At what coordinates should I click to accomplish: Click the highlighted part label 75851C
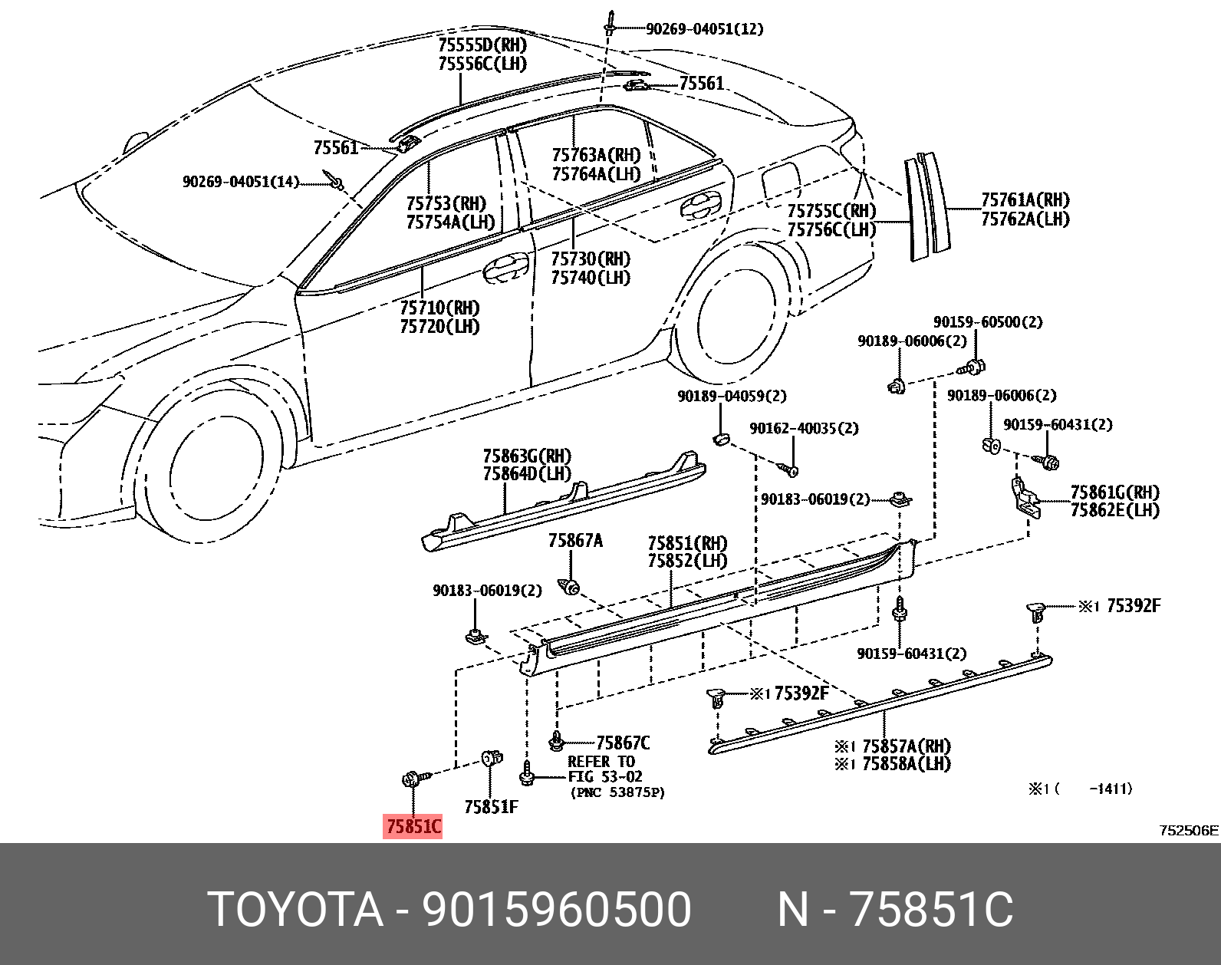pyautogui.click(x=413, y=826)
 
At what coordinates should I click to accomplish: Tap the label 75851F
pyautogui.click(x=491, y=807)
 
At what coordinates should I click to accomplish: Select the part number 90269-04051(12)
pyautogui.click(x=704, y=29)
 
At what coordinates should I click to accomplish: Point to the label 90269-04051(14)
pyautogui.click(x=240, y=182)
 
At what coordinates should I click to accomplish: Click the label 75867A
pyautogui.click(x=575, y=541)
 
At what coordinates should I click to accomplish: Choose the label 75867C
pyautogui.click(x=623, y=743)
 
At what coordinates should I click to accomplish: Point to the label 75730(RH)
pyautogui.click(x=590, y=259)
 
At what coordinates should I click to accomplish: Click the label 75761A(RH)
pyautogui.click(x=1025, y=200)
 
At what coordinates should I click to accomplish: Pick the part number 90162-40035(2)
pyautogui.click(x=804, y=428)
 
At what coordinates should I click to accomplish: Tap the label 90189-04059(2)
pyautogui.click(x=732, y=396)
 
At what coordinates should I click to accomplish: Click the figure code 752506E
pyautogui.click(x=1188, y=830)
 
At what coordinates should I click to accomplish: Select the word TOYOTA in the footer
pyautogui.click(x=295, y=909)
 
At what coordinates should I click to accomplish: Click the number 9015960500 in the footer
pyautogui.click(x=556, y=909)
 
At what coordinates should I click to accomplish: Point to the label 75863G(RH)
pyautogui.click(x=527, y=456)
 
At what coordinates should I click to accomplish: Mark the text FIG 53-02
pyautogui.click(x=604, y=776)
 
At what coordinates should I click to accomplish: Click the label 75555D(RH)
pyautogui.click(x=482, y=44)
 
